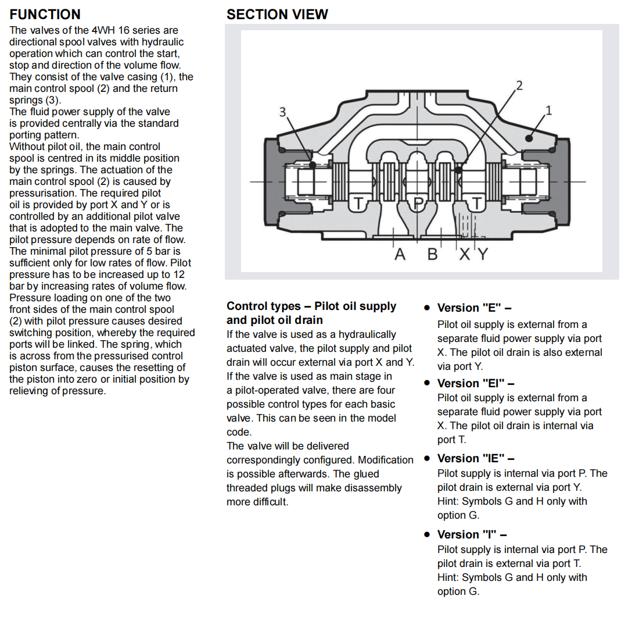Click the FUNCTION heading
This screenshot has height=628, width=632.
point(45,14)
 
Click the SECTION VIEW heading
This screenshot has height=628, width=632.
point(277,14)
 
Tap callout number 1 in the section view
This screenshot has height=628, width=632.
point(548,109)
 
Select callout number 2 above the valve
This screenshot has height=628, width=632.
point(519,85)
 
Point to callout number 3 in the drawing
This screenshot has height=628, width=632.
point(283,111)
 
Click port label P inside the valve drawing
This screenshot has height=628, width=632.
point(418,203)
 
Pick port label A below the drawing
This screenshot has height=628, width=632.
point(400,254)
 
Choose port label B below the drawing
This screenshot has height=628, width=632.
point(432,254)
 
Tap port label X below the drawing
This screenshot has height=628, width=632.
point(465,254)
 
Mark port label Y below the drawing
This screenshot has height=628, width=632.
point(482,254)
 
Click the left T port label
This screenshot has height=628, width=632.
point(359,203)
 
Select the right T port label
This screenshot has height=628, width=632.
point(477,203)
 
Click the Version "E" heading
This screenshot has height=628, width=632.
point(474,308)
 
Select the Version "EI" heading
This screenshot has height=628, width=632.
point(476,383)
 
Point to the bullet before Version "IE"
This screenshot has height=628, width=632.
point(426,459)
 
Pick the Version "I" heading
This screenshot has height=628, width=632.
point(472,534)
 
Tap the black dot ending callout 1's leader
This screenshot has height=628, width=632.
point(529,138)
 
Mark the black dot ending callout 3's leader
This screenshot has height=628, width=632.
point(313,165)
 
